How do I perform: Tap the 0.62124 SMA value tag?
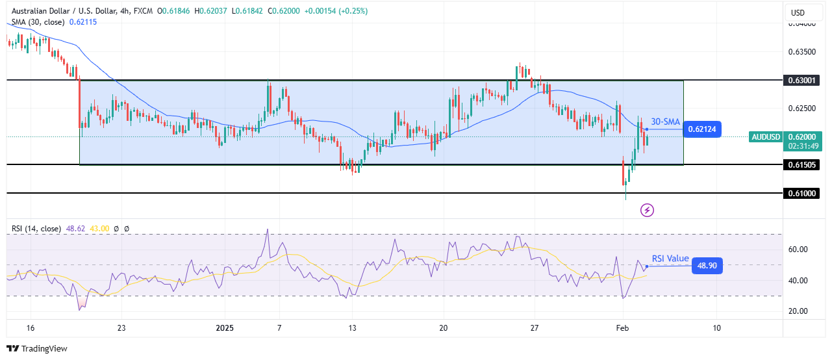click(705, 129)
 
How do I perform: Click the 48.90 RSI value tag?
click(707, 265)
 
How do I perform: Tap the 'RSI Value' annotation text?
click(670, 259)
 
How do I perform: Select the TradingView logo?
click(37, 349)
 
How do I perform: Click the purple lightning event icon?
click(647, 210)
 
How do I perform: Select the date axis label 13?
click(351, 328)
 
